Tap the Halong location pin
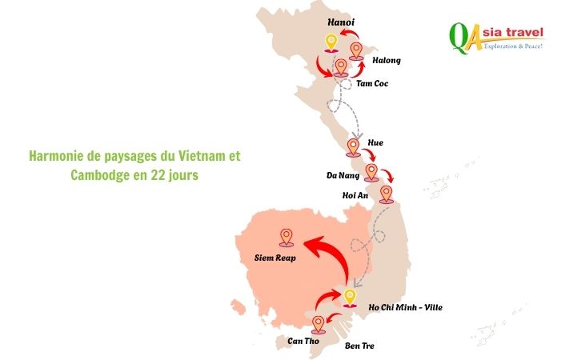click(x=357, y=51)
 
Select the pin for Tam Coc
click(x=341, y=68)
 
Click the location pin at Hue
click(x=353, y=147)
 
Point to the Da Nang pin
click(x=371, y=172)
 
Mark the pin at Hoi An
click(x=387, y=194)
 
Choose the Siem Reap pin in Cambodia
click(x=286, y=237)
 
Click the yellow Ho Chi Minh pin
click(x=349, y=298)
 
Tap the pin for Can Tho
click(x=319, y=323)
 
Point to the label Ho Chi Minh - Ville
click(x=405, y=307)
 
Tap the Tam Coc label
click(x=371, y=83)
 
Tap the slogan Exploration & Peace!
click(x=513, y=46)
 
